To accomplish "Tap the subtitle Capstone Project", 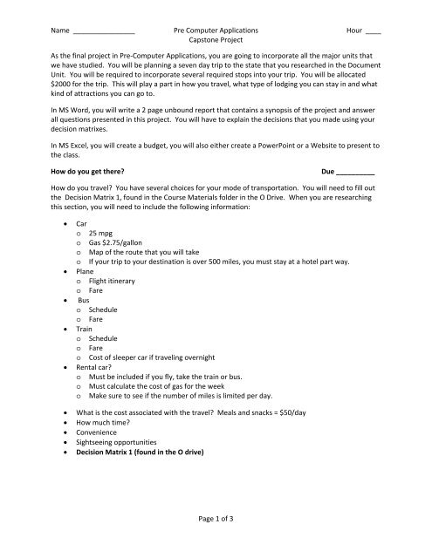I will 216,40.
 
